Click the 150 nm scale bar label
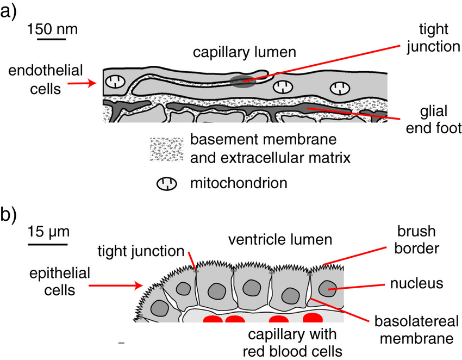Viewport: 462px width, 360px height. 53,28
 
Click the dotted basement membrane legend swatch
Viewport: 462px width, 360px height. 166,149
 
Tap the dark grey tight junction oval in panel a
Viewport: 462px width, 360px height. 242,82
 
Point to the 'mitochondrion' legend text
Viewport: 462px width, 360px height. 238,183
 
